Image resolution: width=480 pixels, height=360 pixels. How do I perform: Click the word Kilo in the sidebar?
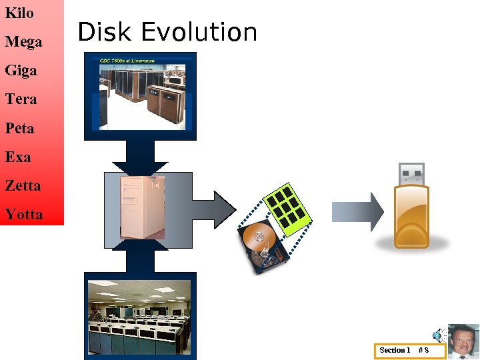[x=19, y=13]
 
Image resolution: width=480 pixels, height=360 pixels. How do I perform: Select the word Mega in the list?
[x=23, y=42]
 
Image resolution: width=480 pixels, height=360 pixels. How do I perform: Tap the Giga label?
[x=21, y=71]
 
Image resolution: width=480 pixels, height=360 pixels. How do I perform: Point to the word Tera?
[x=21, y=99]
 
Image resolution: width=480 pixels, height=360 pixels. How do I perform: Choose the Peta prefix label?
[x=19, y=128]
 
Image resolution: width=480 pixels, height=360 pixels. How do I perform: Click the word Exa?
[x=18, y=157]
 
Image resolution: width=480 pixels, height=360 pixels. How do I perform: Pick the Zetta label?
[x=23, y=186]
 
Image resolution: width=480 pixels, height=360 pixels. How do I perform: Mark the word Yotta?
[x=23, y=215]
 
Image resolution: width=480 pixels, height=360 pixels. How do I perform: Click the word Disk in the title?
[x=103, y=32]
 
